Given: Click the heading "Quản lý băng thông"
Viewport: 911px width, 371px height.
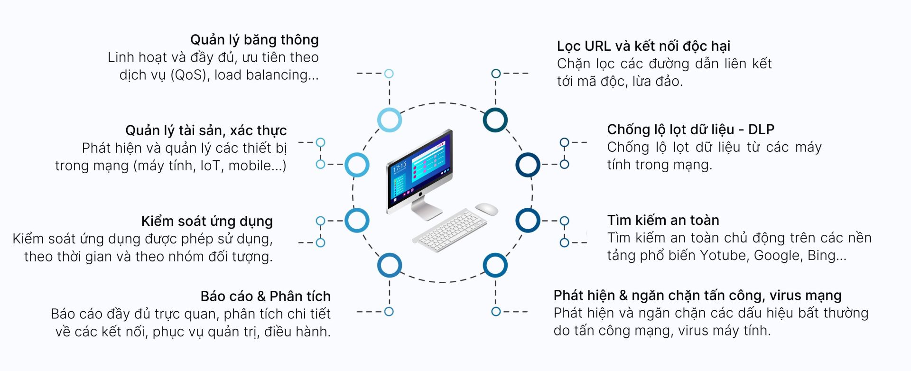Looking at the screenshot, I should (254, 40).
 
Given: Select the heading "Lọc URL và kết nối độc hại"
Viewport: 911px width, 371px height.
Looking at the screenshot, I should (643, 46).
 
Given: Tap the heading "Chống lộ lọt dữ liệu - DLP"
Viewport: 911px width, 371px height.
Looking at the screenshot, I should (690, 130).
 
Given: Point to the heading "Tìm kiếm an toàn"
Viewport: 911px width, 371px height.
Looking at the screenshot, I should (663, 220).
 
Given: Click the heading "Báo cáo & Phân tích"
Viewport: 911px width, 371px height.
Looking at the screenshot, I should (265, 297).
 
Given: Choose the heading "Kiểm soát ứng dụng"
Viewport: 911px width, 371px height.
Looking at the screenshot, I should (207, 222).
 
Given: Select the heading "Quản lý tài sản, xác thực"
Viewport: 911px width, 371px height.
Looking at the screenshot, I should (206, 130).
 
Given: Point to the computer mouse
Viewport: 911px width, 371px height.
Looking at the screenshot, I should (486, 209).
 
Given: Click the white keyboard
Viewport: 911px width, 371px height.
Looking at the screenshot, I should (449, 230).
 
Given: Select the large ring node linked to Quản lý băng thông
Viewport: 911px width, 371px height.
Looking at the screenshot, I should (390, 120).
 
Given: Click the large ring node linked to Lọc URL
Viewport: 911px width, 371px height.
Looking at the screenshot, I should (495, 120).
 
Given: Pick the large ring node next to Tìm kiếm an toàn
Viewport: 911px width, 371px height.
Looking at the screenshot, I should (528, 220).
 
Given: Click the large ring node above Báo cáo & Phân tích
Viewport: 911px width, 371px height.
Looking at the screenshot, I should (390, 265).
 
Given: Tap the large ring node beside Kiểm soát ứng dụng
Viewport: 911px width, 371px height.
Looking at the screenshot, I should (357, 220).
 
